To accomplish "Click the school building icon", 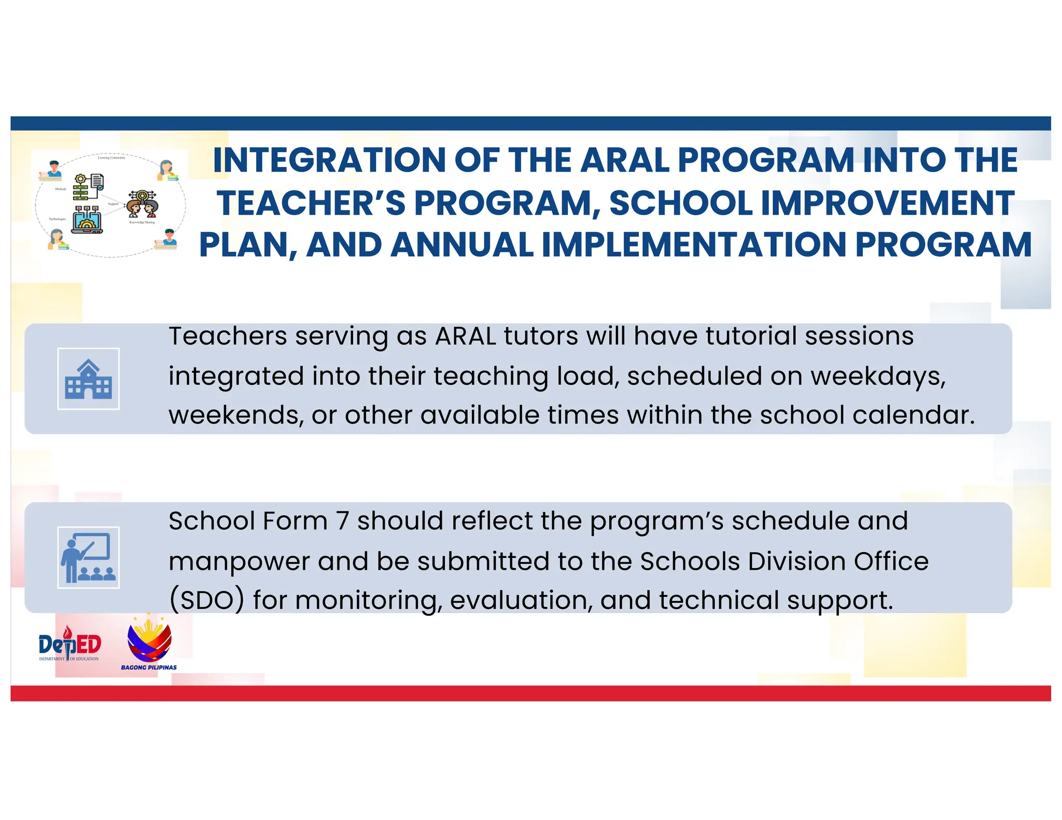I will click(88, 379).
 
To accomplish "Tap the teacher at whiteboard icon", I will click(88, 558).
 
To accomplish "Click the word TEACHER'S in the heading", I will click(311, 203).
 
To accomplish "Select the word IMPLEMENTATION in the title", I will click(694, 245).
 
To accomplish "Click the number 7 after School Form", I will click(342, 521).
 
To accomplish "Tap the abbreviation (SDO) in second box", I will click(206, 601).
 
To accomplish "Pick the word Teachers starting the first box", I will click(228, 336).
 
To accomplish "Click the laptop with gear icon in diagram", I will click(87, 220).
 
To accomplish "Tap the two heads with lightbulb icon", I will click(142, 203).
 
